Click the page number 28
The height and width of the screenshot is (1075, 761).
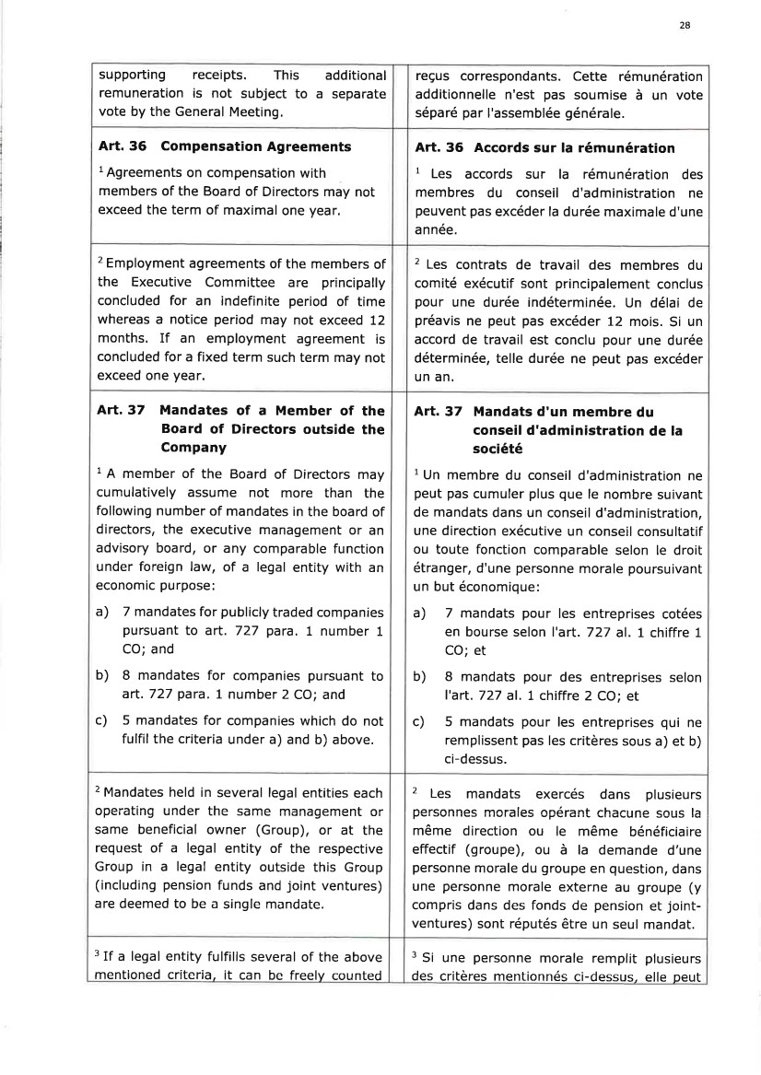tap(685, 26)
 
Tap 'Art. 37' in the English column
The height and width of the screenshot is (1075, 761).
tap(120, 411)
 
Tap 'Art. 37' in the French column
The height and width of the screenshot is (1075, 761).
tap(438, 411)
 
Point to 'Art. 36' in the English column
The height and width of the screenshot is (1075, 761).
tap(120, 146)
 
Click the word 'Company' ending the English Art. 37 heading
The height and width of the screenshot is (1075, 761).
tap(193, 448)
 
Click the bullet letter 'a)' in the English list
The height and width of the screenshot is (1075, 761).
tap(103, 613)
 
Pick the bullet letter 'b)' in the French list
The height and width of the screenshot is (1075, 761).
tap(420, 677)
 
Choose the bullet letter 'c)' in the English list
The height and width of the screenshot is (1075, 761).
tap(103, 721)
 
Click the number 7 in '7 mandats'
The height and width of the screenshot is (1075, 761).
tap(449, 613)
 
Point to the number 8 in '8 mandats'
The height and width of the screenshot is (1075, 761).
tap(449, 677)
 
